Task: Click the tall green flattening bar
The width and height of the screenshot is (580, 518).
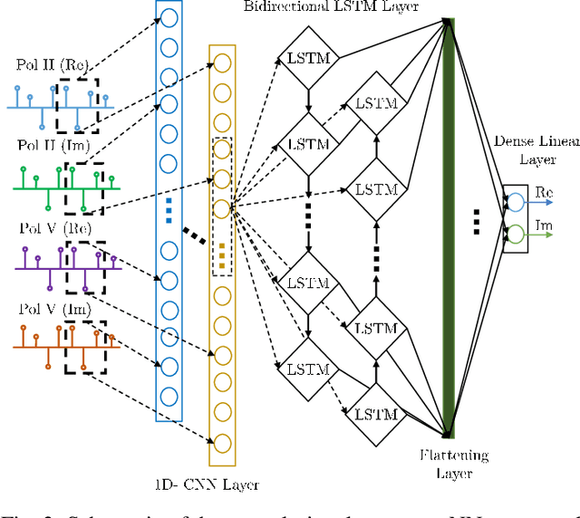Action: pyautogui.click(x=450, y=226)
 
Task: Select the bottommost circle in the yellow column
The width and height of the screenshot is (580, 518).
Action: pyautogui.click(x=222, y=442)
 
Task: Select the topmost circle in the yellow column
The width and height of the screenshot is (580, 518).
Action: pyautogui.click(x=222, y=63)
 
